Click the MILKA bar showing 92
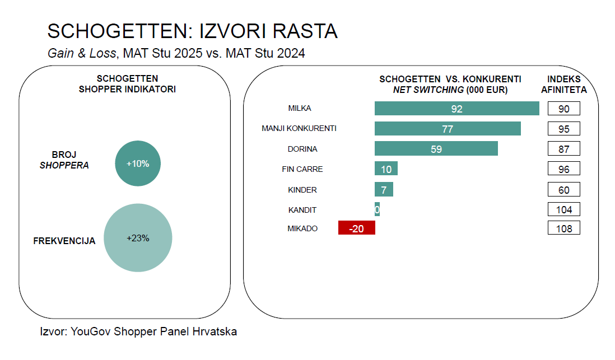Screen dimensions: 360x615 pos(456,109)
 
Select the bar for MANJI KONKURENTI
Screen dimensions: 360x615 pos(448,129)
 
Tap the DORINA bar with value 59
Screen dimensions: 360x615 pos(436,149)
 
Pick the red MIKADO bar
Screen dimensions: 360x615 pos(357,228)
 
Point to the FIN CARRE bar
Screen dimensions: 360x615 pos(386,169)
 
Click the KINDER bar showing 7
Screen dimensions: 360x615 pos(384,190)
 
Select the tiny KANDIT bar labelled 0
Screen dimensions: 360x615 pos(377,210)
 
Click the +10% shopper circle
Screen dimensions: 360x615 pos(137,164)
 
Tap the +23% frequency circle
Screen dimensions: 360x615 pos(138,238)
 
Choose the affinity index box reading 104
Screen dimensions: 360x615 pos(563,210)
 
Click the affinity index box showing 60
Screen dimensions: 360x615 pos(563,190)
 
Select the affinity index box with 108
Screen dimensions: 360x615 pos(563,228)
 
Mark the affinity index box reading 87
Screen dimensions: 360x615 pos(563,149)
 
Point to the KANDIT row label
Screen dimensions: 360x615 pos(302,210)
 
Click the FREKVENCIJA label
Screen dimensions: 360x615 pos(64,241)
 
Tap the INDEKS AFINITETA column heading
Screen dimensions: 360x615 pos(563,84)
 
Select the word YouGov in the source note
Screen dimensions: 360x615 pos(90,331)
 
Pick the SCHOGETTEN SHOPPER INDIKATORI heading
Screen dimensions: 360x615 pos(127,84)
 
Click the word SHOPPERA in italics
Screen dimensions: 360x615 pos(64,166)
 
